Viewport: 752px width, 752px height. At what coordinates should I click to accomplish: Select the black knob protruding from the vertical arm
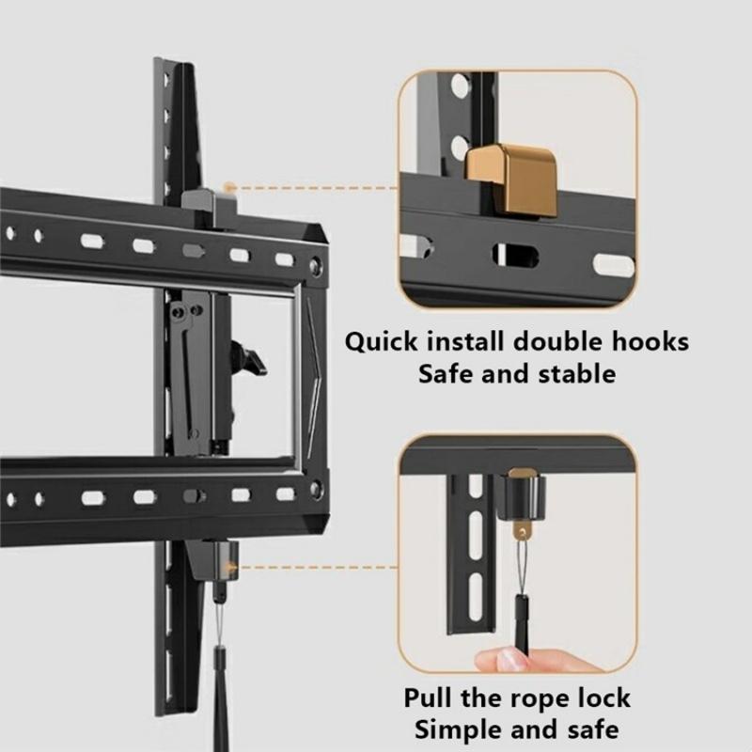pyautogui.click(x=250, y=359)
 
